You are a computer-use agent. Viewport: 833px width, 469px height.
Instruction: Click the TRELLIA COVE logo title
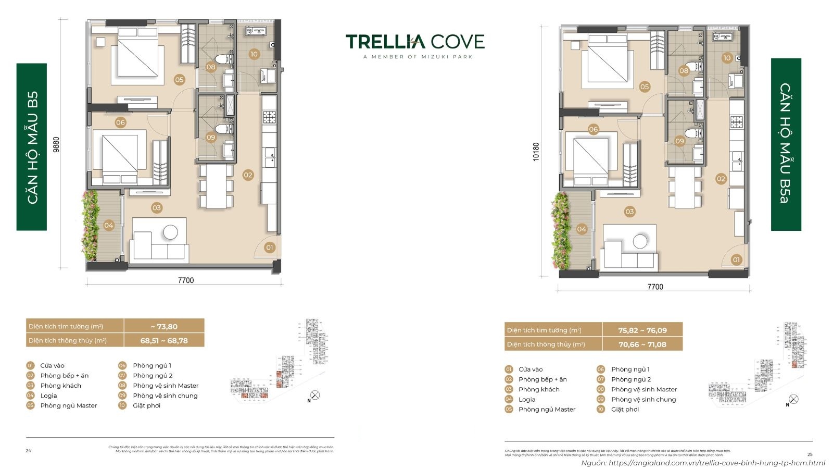coord(415,42)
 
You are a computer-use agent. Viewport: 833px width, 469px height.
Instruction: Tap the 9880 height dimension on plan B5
coord(56,144)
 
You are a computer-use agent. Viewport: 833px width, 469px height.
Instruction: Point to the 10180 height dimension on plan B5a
coord(536,152)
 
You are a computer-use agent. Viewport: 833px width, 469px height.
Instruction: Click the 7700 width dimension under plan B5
coord(185,280)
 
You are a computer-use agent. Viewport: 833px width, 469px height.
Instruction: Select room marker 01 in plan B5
coord(270,248)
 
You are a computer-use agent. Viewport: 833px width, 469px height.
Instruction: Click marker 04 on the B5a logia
coord(582,229)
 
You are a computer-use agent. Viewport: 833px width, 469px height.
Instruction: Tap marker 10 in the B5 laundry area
coord(254,54)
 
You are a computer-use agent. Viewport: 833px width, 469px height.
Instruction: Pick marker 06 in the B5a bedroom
coord(593,129)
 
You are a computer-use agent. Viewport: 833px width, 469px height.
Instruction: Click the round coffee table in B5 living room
coord(170,232)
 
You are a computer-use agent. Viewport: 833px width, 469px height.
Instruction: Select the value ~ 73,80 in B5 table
coord(164,327)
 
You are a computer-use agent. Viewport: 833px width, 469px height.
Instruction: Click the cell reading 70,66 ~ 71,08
coord(642,344)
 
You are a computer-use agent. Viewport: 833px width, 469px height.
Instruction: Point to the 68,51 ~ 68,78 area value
coord(164,341)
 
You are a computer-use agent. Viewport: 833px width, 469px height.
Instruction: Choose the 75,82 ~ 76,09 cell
coord(642,330)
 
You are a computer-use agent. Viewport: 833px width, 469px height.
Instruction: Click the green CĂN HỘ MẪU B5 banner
coord(32,147)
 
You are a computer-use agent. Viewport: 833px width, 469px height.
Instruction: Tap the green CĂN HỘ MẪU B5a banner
coord(786,144)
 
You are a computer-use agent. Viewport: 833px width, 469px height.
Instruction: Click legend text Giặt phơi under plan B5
coord(146,405)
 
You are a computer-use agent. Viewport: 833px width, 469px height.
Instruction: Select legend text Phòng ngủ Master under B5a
coord(547,410)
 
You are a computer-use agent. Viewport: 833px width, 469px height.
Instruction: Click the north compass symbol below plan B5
coord(314,396)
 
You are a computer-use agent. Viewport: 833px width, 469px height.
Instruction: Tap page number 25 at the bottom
coord(810,454)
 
